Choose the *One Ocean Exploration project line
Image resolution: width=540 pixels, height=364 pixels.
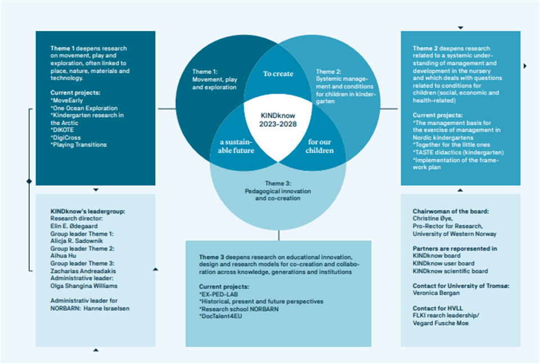click(84, 107)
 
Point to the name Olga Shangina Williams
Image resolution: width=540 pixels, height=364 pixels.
click(84, 286)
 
